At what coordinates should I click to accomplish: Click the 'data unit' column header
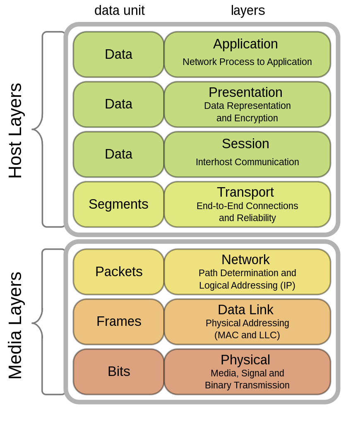click(119, 10)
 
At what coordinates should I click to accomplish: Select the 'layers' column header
click(247, 10)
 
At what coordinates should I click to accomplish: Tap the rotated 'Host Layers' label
click(15, 130)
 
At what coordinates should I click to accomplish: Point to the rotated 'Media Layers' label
click(15, 325)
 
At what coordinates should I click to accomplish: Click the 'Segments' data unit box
click(118, 204)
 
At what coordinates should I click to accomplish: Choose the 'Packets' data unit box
click(119, 272)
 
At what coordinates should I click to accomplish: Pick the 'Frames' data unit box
click(119, 321)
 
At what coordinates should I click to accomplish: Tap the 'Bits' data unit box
click(119, 371)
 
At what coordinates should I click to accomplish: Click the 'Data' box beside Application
click(118, 54)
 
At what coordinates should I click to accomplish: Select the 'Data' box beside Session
click(118, 154)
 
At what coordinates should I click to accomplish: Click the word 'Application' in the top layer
click(245, 44)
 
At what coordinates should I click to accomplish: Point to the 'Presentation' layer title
click(245, 92)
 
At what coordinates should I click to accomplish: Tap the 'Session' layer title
click(245, 144)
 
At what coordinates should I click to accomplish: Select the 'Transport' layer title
click(245, 192)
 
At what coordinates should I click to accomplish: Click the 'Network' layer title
click(245, 260)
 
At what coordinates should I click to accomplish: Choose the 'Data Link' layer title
click(245, 310)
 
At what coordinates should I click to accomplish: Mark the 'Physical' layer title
click(245, 360)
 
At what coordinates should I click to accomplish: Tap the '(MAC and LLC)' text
click(247, 335)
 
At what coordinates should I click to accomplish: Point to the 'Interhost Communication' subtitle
click(247, 162)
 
